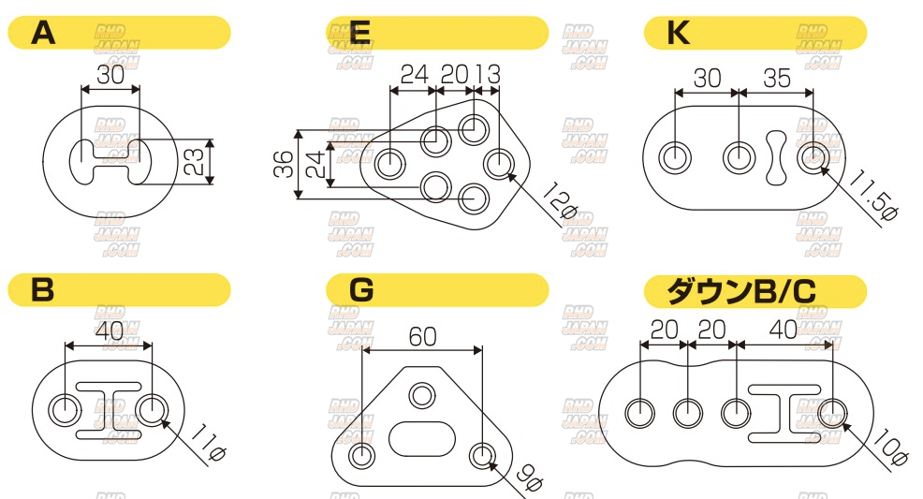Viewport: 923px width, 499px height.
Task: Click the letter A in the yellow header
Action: coord(43,33)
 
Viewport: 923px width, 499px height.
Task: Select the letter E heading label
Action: coord(359,33)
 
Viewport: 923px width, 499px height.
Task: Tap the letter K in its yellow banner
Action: coord(678,33)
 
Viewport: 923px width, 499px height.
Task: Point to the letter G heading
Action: coord(361,290)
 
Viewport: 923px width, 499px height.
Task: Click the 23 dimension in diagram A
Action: coord(195,161)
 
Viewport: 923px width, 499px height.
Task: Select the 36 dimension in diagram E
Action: coord(283,164)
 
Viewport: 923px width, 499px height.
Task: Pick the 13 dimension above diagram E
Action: coord(489,75)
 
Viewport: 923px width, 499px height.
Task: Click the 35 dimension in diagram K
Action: coord(776,79)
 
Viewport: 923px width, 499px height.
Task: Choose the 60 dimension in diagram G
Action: coord(422,337)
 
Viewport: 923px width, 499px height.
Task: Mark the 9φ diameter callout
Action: coord(529,478)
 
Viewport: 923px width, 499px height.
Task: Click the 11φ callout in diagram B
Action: coord(209,446)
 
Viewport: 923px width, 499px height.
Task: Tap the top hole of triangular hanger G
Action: coord(422,395)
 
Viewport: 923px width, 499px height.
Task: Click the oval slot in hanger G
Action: coord(422,438)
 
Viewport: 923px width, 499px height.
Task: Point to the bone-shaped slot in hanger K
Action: coord(776,157)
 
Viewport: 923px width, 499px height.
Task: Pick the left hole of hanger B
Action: coord(65,410)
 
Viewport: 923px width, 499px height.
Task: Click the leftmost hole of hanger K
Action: coord(675,158)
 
